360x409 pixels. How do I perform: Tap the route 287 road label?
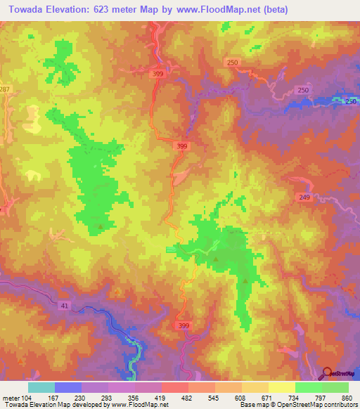click(5, 90)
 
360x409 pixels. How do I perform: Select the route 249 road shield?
click(304, 199)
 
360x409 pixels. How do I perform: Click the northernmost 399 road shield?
click(160, 73)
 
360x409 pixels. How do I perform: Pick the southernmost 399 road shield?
click(184, 326)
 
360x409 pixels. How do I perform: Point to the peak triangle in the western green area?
click(101, 226)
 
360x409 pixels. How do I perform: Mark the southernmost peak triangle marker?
click(245, 281)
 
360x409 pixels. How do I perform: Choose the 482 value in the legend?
click(188, 398)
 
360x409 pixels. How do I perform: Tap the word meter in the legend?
click(10, 398)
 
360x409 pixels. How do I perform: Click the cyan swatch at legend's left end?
click(41, 387)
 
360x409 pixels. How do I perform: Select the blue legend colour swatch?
click(68, 387)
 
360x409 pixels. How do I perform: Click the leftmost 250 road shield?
click(233, 63)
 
